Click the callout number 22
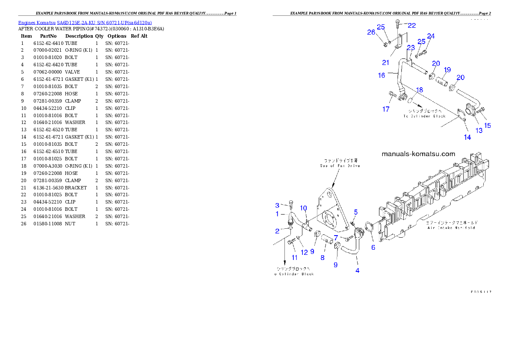pos(411,25)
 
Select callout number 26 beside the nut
pos(371,32)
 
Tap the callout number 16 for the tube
pos(382,75)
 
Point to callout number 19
pos(447,69)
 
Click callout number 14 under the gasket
pos(467,137)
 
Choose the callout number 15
pos(487,126)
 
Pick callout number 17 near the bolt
pos(386,109)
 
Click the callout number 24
pos(430,36)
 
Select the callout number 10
pos(303,208)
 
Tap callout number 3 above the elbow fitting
pos(277,205)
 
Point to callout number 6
pos(373,247)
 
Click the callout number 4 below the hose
pos(358,270)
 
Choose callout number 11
pos(295,257)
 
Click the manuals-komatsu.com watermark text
pos(418,154)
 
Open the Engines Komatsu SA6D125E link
pos(85,23)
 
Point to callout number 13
pos(479,130)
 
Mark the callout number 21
pos(385,62)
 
